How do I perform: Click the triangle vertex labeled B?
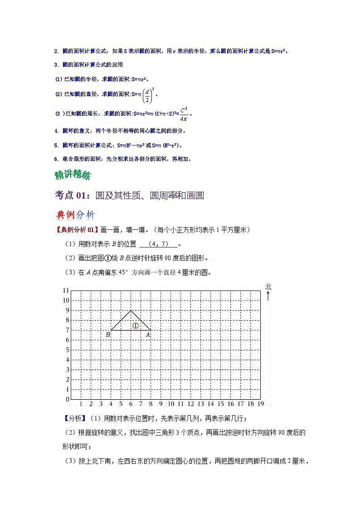(111, 330)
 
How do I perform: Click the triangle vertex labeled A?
(151, 330)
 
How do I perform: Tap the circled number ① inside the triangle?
(135, 325)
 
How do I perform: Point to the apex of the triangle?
(131, 310)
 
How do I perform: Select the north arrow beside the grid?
(268, 296)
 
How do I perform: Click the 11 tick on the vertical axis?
(65, 291)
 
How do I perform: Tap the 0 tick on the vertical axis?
(67, 399)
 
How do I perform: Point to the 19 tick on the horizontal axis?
(260, 404)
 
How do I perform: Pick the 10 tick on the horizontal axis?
(171, 404)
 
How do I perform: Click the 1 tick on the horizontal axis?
(81, 404)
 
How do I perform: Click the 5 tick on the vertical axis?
(67, 350)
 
